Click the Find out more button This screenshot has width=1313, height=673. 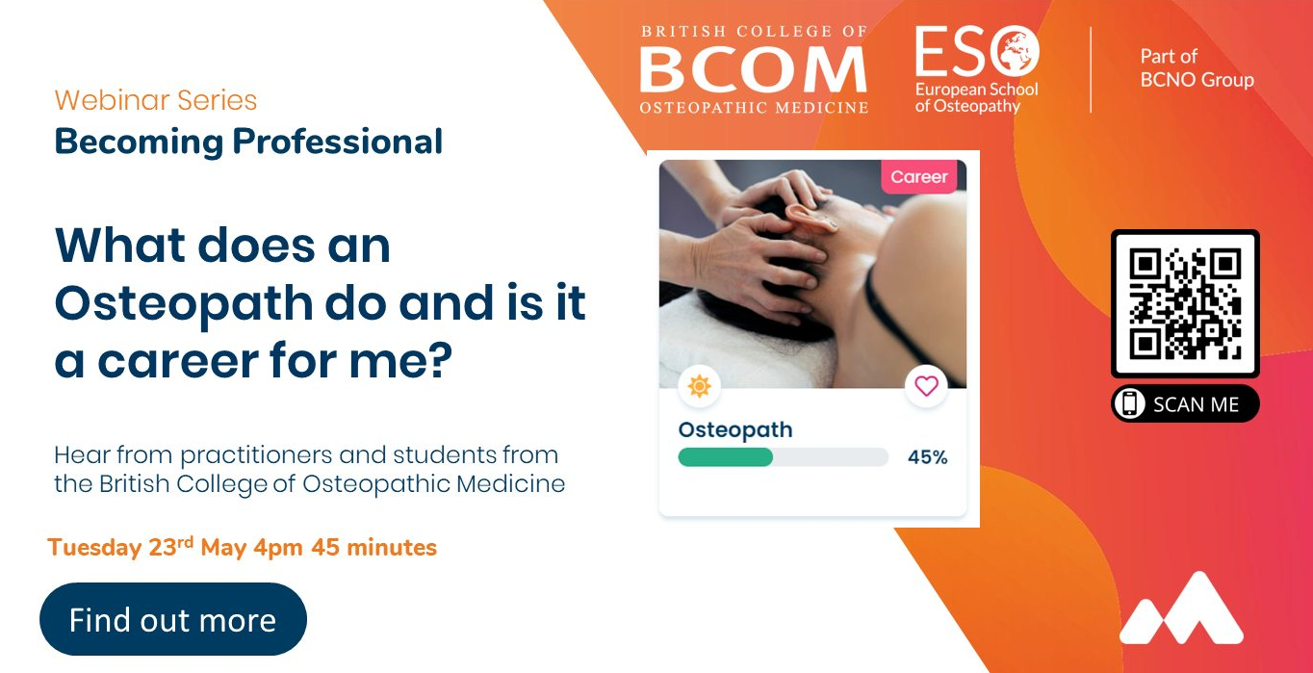click(173, 619)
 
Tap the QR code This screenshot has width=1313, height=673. click(1185, 303)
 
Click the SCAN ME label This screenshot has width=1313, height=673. click(1196, 404)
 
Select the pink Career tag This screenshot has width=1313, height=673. click(919, 176)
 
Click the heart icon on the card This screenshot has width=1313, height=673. click(926, 386)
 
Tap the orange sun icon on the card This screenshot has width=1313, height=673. click(699, 386)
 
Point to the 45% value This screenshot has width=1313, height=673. click(927, 457)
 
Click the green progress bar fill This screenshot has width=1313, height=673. click(725, 457)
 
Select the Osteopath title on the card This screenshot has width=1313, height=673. click(735, 429)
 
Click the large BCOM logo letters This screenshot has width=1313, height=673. click(753, 69)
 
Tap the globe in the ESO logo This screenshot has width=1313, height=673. click(1016, 51)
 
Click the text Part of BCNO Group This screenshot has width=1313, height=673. click(1197, 68)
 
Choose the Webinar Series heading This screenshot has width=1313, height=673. click(156, 100)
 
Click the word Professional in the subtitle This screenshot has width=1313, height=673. click(337, 142)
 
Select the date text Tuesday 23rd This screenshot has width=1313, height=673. click(120, 546)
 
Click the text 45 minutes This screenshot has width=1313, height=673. click(373, 548)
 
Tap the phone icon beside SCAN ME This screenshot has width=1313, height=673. click(1129, 404)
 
